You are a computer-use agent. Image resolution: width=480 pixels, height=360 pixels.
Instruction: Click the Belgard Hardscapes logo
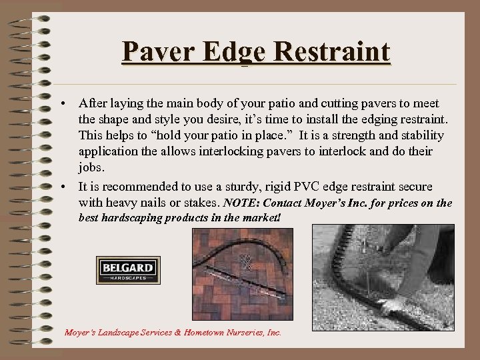128,270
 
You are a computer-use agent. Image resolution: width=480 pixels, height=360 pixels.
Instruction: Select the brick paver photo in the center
242,274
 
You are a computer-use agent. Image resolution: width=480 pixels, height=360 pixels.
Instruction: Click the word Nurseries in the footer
232,331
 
